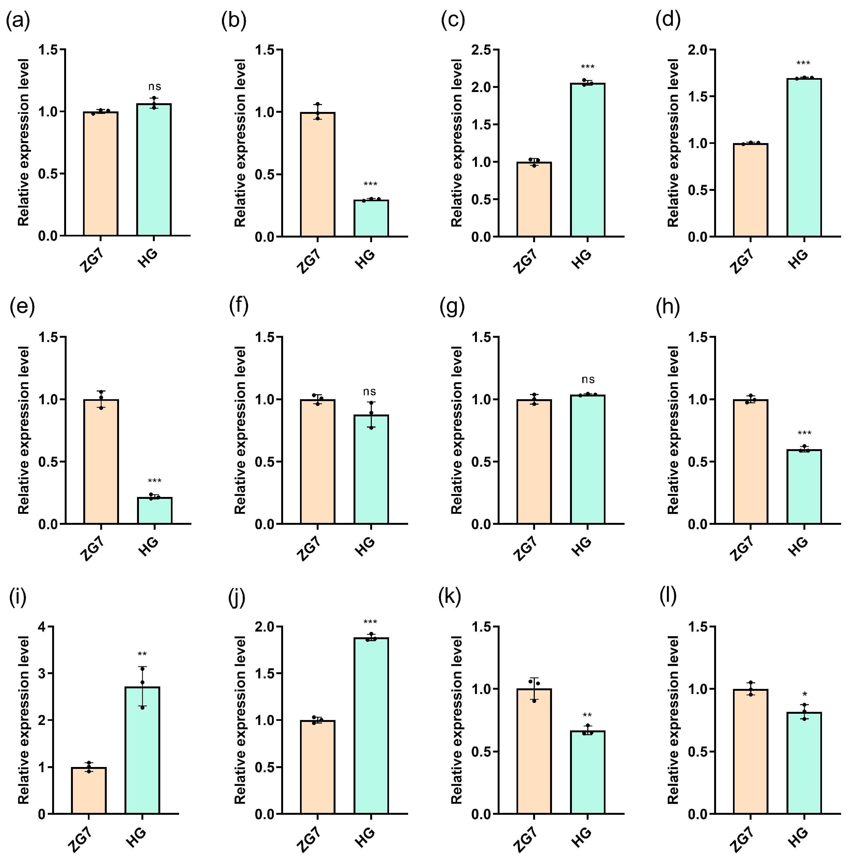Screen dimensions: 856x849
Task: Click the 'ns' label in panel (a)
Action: point(155,87)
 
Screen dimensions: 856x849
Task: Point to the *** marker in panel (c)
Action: point(588,68)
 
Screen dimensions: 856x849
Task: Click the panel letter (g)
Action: point(452,307)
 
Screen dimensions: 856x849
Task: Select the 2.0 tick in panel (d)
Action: point(697,50)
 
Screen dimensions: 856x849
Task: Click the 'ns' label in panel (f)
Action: point(369,392)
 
